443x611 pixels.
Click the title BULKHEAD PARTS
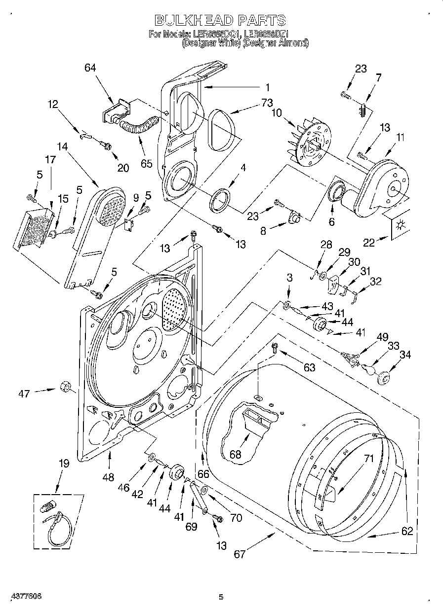220,20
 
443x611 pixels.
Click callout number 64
90,68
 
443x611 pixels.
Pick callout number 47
24,393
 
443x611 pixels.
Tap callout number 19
64,464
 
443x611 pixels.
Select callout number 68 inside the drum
236,454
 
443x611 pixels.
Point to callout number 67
240,554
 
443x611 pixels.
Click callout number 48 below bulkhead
109,477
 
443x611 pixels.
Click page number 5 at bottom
221,597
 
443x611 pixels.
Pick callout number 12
52,104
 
